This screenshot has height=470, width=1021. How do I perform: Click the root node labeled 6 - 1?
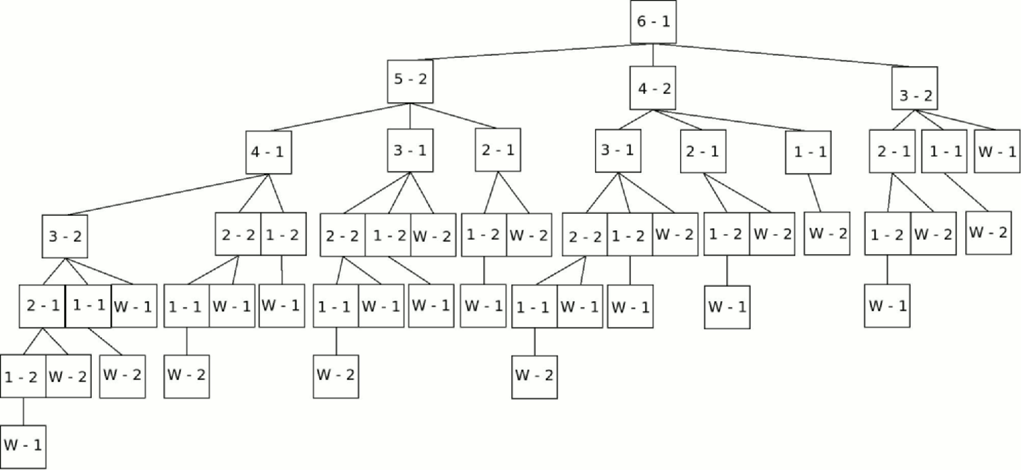653,22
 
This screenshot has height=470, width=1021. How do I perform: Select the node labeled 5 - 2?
410,81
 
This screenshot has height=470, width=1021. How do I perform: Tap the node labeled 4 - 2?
653,88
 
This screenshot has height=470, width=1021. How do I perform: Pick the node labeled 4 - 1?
268,153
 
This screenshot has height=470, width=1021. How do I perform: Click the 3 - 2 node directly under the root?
915,88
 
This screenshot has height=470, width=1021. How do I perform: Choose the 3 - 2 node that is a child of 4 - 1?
65,236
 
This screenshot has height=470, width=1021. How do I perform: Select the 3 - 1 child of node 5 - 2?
410,151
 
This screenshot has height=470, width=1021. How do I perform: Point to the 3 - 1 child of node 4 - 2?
618,151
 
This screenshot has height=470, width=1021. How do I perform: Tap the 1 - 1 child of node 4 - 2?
808,153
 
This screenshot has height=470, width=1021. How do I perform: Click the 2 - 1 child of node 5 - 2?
498,150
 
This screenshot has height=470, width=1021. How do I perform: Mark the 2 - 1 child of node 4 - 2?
703,151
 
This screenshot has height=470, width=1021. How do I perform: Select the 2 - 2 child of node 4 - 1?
238,234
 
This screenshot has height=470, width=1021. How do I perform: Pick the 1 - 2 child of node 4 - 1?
284,234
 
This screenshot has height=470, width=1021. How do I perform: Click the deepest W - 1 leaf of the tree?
23,447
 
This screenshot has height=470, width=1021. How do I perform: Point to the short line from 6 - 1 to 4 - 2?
653,55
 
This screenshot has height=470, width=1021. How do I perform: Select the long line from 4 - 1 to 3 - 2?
167,194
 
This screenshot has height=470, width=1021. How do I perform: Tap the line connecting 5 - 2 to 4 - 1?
340,117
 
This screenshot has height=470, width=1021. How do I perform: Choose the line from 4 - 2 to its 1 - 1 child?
730,121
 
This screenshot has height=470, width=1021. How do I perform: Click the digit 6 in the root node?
641,21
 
